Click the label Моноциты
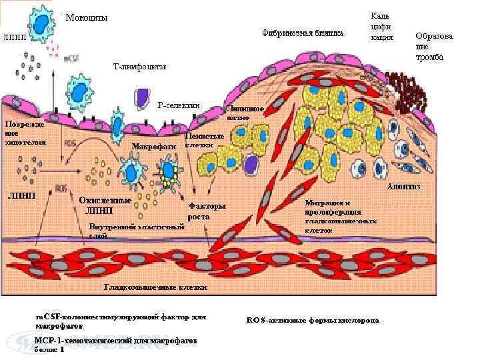86,17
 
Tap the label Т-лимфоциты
140,67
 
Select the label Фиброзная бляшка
303,32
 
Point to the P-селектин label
179,105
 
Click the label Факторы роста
207,211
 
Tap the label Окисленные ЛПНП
105,205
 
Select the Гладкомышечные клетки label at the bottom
155,287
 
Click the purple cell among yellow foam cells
251,164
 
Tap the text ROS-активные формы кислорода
313,320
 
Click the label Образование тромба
434,47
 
